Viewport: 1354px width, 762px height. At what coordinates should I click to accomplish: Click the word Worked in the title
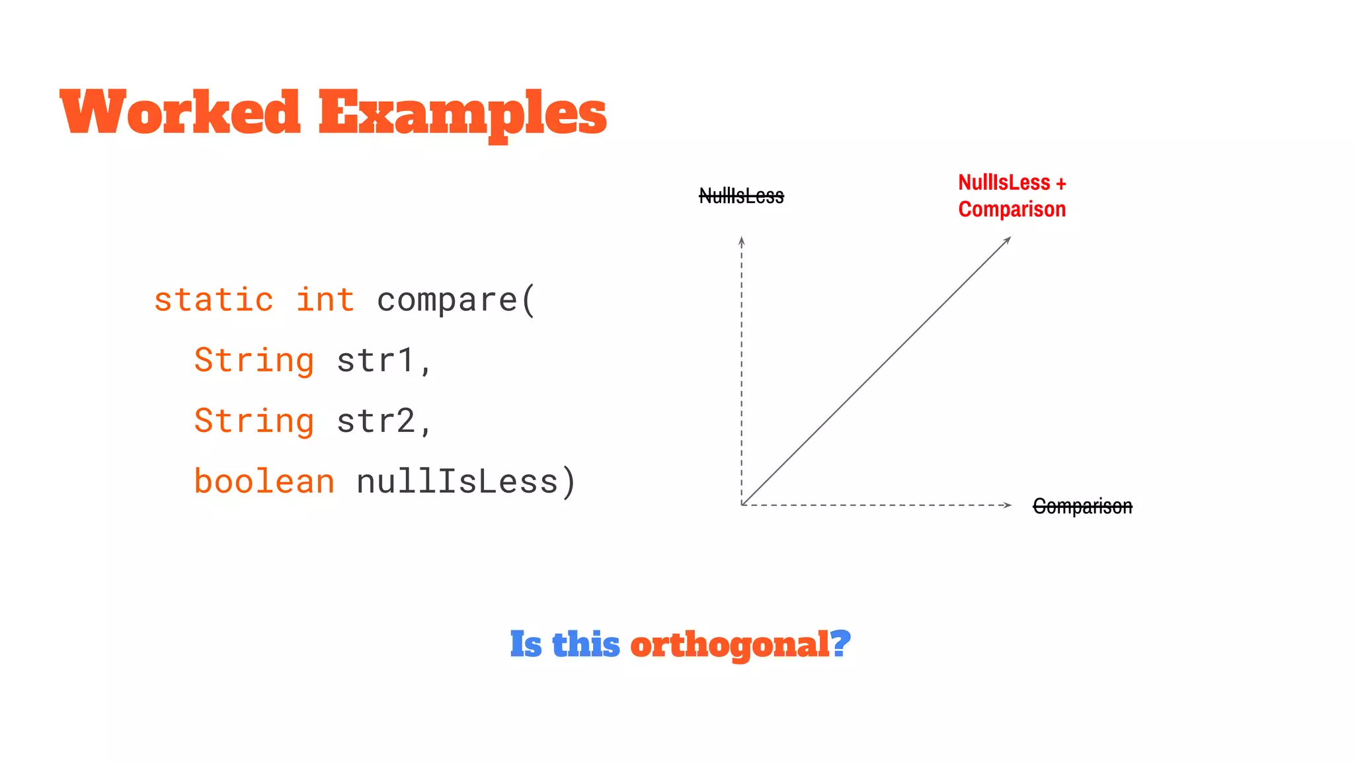(x=180, y=112)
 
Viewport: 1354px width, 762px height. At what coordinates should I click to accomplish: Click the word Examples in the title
(x=462, y=114)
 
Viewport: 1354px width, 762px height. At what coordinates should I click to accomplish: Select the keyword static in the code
(x=214, y=300)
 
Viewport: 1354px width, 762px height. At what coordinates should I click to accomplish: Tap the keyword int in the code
(x=325, y=300)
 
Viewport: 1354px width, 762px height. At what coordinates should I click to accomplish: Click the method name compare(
(x=456, y=300)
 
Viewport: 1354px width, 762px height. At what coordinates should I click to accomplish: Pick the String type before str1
(x=254, y=361)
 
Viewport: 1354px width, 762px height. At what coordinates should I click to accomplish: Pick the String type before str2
(x=254, y=421)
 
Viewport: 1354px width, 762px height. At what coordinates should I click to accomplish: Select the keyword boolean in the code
(x=264, y=482)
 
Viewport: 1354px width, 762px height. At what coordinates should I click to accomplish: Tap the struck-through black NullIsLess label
(x=741, y=196)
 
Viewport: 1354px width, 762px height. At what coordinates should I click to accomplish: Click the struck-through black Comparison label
(x=1082, y=507)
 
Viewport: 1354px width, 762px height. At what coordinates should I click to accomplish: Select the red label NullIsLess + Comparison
(x=1012, y=196)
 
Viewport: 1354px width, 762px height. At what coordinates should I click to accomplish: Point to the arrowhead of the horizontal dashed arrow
(x=1008, y=505)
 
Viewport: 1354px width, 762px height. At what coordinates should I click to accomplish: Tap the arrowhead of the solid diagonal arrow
(x=1008, y=239)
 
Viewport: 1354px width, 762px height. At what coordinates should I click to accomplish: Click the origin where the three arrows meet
(x=742, y=505)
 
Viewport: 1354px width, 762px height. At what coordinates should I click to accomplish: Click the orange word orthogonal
(x=729, y=644)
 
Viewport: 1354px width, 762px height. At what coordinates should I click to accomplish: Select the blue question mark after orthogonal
(x=840, y=643)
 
